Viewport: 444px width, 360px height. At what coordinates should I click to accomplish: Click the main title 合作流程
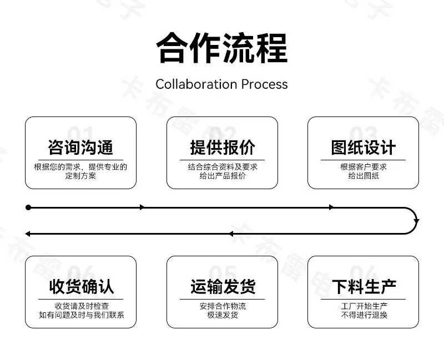tap(222, 48)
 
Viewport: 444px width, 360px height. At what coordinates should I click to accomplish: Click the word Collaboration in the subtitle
tap(196, 84)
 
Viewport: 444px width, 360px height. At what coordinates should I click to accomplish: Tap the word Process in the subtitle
tap(265, 84)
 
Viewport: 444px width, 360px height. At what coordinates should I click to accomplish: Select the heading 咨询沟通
tap(80, 148)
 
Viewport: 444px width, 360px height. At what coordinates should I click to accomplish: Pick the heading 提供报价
tap(223, 148)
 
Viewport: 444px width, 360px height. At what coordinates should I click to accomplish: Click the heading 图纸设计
tap(364, 148)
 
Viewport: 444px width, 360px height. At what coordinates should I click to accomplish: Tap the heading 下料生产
tap(364, 286)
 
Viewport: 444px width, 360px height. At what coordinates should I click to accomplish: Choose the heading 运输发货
tap(223, 286)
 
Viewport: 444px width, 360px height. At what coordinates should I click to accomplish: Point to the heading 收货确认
tap(81, 286)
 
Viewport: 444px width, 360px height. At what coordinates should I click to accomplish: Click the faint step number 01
tap(80, 133)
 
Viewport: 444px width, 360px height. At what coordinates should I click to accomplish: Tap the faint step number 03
tap(364, 133)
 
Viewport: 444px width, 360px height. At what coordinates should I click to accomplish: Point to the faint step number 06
tap(81, 272)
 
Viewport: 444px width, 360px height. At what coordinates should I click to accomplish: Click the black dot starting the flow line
tap(28, 207)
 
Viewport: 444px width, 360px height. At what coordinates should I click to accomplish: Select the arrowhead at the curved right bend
tap(416, 221)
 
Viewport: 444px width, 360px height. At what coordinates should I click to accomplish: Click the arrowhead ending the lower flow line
tap(28, 234)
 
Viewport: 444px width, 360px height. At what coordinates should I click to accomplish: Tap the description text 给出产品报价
tap(223, 176)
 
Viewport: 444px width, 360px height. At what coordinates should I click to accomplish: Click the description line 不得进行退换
tap(364, 315)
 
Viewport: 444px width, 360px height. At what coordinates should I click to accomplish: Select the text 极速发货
tap(223, 315)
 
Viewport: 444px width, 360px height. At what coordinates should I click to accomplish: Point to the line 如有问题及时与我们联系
tap(81, 315)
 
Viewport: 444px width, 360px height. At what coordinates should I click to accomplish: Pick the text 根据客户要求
tap(364, 167)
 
